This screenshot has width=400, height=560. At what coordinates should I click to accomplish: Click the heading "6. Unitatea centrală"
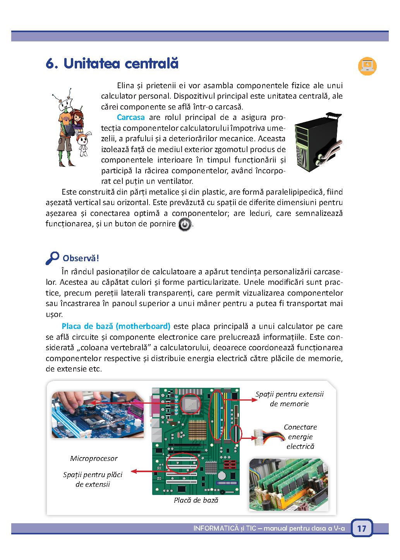pos(112,63)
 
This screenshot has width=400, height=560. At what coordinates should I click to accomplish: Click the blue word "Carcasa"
pos(131,117)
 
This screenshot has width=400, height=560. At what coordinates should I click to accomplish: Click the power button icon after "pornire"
pos(185,225)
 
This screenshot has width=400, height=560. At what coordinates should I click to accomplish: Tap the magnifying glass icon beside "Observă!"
pos(52,258)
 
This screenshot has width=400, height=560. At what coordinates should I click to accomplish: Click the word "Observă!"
pos(81,258)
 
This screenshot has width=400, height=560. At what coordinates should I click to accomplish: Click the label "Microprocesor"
pos(94,459)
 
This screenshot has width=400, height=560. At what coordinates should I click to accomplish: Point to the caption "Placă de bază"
pos(196,500)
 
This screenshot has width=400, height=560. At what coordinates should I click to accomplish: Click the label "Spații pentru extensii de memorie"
pos(289,399)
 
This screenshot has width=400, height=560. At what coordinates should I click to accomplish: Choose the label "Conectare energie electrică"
pos(300,437)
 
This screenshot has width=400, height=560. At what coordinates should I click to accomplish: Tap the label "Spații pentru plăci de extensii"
pos(93,479)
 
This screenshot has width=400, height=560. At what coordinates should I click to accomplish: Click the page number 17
pos(362,529)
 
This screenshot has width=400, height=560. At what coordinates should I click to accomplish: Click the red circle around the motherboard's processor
pos(191,404)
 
